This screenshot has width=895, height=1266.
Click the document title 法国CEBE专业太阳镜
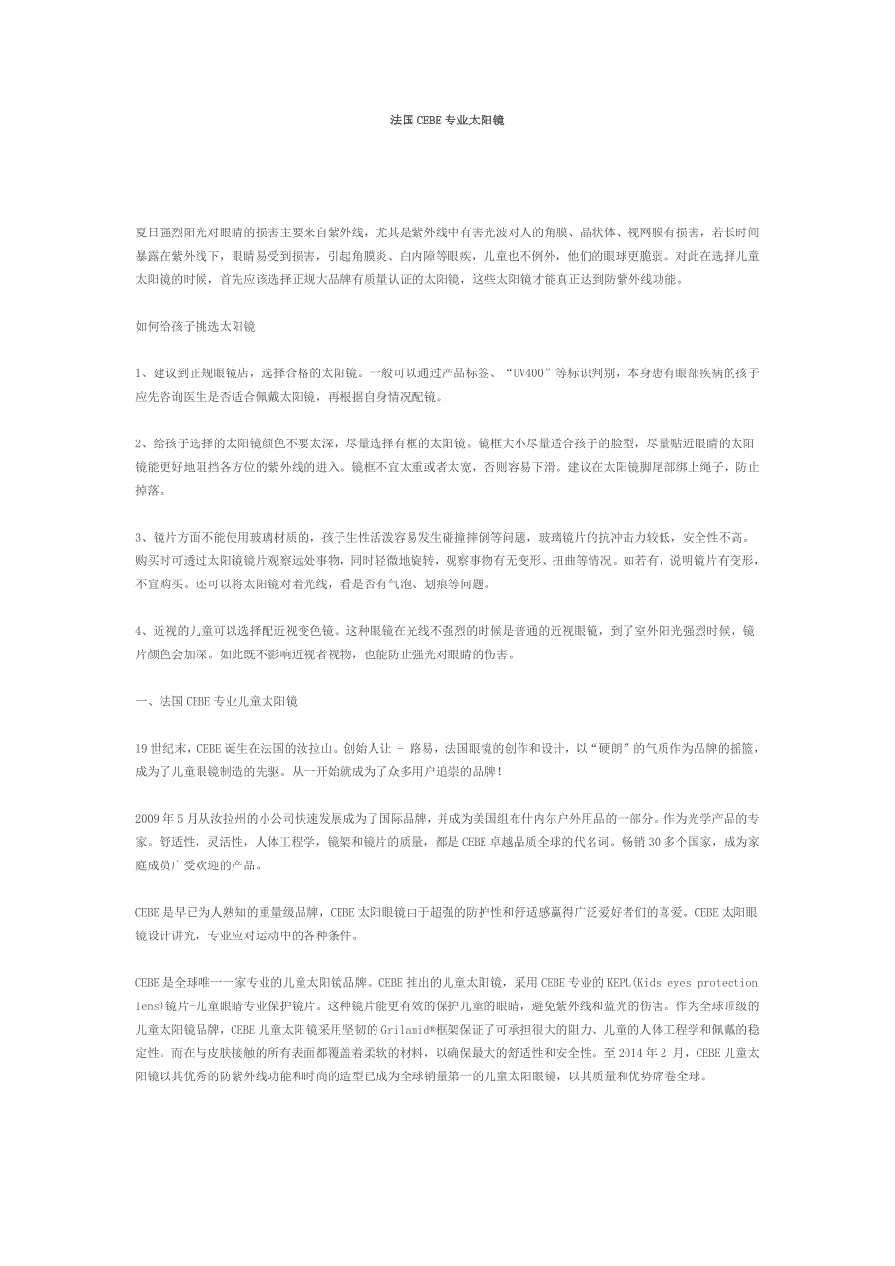pos(447,121)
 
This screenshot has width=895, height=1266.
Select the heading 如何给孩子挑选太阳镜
pos(195,327)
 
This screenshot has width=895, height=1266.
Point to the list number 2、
pos(142,443)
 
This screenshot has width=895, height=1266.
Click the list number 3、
pos(142,538)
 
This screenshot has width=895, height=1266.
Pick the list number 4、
pos(142,631)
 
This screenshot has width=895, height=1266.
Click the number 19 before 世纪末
pos(142,749)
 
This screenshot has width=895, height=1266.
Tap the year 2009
pos(149,819)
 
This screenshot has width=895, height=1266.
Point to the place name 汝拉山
pos(319,749)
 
